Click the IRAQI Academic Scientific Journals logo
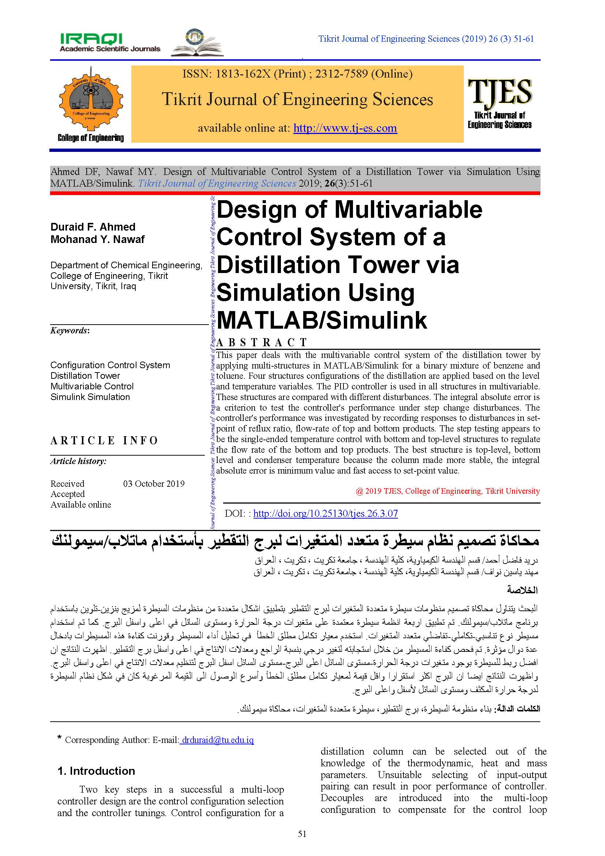coord(110,42)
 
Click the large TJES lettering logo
coord(500,93)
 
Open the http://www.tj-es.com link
coord(345,128)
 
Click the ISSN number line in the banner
coord(297,74)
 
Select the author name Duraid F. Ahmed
coord(93,227)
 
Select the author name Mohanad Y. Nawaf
coord(97,239)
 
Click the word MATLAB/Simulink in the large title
coord(322,320)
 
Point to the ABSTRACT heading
coord(262,342)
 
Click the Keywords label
coord(69,330)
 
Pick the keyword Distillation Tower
coord(85,375)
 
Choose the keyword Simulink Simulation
coord(90,397)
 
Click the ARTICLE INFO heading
coord(104,440)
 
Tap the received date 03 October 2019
coord(154,483)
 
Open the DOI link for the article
coord(325,513)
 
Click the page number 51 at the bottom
coord(302,834)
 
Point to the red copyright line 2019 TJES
coord(447,491)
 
